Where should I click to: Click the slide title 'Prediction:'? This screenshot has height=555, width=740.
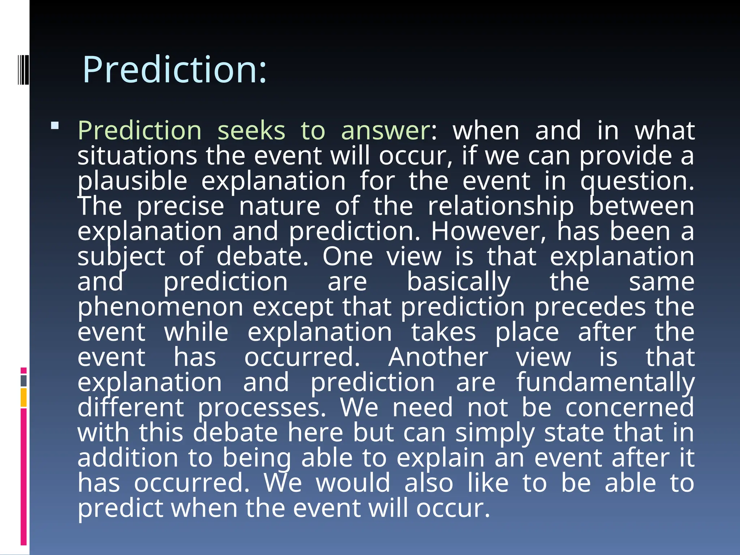[x=175, y=69]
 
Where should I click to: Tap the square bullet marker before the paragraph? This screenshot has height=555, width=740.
[x=55, y=126]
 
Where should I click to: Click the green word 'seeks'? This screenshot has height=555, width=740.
[x=251, y=130]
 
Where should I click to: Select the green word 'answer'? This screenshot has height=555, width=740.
[x=386, y=130]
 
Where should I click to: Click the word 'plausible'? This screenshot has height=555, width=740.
[x=132, y=181]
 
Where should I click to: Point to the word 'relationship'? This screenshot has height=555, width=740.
[x=500, y=206]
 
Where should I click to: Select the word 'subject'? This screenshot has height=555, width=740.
[x=121, y=257]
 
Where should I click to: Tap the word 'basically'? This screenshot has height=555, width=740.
[x=459, y=282]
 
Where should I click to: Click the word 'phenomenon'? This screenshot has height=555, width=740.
[x=160, y=307]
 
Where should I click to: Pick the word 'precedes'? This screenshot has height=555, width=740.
[x=590, y=307]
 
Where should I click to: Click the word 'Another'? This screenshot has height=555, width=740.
[x=438, y=357]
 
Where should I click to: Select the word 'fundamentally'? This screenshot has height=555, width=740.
[x=605, y=382]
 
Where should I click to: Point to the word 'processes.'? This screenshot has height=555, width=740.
[x=262, y=408]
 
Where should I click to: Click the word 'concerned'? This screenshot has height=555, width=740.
[x=629, y=408]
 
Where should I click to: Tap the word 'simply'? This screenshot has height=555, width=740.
[x=495, y=433]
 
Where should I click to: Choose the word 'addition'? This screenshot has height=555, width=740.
[x=128, y=458]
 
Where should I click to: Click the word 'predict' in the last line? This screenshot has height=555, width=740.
[x=120, y=508]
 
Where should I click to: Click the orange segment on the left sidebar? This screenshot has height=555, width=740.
[x=24, y=397]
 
